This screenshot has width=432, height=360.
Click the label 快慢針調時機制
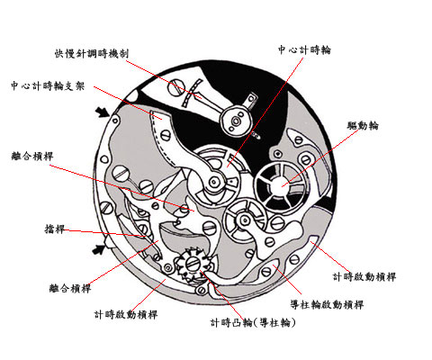92,53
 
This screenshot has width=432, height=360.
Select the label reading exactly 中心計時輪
304,49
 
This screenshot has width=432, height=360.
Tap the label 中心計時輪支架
48,85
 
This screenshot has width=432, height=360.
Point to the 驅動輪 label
363,125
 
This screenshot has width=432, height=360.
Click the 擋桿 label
54,229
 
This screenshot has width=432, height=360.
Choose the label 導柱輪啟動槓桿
327,305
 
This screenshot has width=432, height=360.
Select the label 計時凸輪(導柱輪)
253,323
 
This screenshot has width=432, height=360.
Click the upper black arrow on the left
102,112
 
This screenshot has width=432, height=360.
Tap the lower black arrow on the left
99,249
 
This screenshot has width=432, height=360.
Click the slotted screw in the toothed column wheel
192,265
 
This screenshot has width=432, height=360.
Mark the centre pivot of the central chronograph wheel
213,182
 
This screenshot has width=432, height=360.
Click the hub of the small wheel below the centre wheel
245,220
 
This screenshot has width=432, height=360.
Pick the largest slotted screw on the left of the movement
121,173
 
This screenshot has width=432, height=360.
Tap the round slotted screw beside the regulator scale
176,87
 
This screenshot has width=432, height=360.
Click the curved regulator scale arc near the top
191,93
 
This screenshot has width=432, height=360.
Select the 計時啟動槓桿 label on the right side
364,276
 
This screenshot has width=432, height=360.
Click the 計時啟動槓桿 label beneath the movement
126,315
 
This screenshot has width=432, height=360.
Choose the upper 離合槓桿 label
32,156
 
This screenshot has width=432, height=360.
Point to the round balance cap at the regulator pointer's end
236,121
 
